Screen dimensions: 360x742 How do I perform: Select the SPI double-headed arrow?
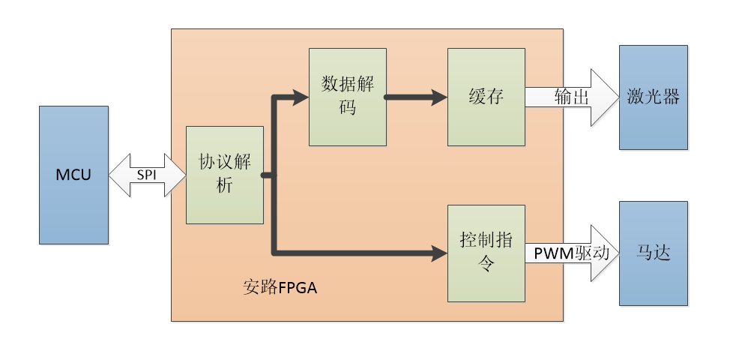(x=147, y=175)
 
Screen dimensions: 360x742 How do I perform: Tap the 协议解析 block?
(x=225, y=175)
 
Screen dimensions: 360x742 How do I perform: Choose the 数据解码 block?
(x=348, y=96)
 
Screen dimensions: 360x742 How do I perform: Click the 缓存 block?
(x=486, y=96)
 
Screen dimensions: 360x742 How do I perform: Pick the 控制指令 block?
(x=486, y=253)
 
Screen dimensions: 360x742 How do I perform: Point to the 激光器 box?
(x=653, y=97)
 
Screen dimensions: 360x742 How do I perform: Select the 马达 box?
(x=653, y=253)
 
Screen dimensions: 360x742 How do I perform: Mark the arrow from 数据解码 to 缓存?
(x=416, y=97)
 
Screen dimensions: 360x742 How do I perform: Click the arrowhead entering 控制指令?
(x=439, y=253)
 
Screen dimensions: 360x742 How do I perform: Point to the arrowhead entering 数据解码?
(x=301, y=97)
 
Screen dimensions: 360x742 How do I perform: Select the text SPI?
(x=147, y=175)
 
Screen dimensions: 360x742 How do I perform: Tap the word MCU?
(x=73, y=175)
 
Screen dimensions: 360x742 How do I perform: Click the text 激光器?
(x=653, y=97)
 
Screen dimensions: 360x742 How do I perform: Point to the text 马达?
(x=653, y=253)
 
